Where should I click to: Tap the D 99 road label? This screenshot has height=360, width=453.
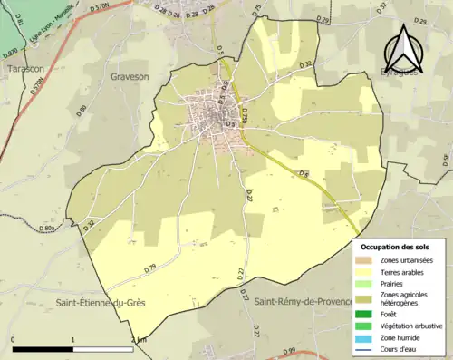288,352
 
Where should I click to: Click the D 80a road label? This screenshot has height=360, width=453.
47,229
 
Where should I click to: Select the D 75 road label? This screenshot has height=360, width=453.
256,10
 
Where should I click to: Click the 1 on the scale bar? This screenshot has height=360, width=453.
72,340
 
